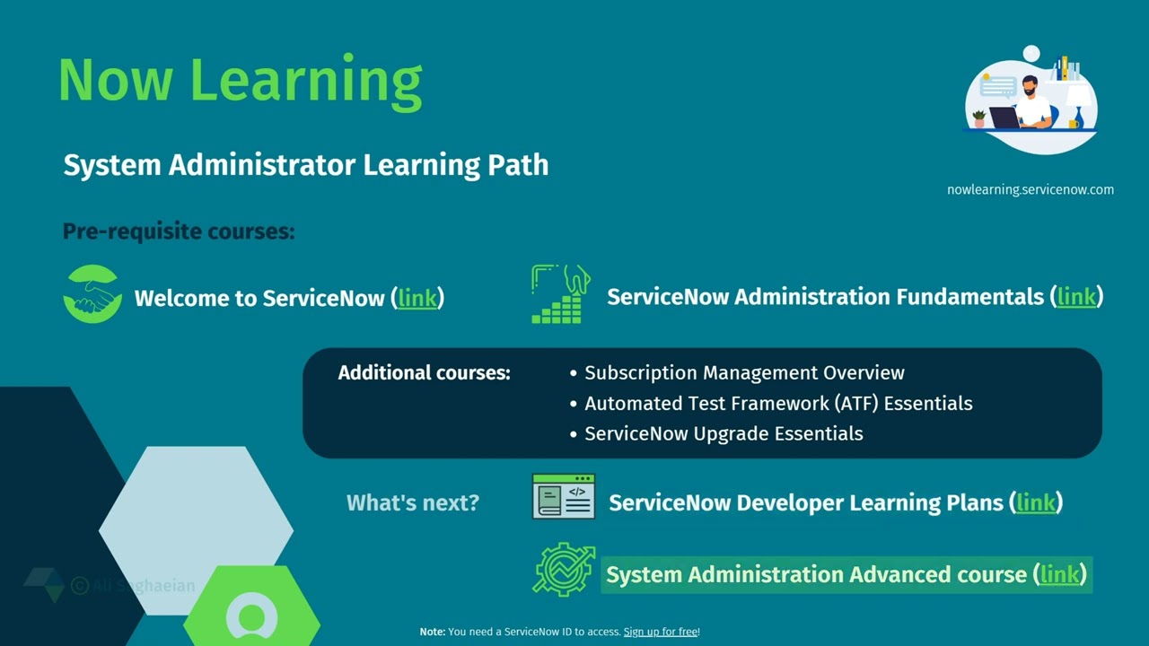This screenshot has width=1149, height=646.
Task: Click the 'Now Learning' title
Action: [x=240, y=80]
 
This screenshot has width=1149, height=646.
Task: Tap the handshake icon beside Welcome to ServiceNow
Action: [x=92, y=294]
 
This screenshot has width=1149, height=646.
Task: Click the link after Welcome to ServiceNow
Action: [x=417, y=298]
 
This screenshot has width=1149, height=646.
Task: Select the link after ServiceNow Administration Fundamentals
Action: [x=1076, y=296]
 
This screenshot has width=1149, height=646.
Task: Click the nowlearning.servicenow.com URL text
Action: [x=1030, y=189]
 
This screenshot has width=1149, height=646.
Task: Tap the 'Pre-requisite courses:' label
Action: [x=179, y=231]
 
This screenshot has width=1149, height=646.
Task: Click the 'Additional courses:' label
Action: [x=424, y=373]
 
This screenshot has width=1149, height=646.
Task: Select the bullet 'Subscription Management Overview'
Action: [x=744, y=373]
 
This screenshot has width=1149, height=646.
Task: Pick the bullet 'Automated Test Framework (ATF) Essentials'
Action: [x=778, y=404]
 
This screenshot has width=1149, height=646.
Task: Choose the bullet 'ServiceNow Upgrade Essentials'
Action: [x=724, y=434]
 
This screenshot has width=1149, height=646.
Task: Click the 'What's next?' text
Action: [x=413, y=502]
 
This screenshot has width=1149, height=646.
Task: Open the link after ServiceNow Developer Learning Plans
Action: [x=1036, y=502]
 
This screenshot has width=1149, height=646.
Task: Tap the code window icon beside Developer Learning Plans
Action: [x=563, y=497]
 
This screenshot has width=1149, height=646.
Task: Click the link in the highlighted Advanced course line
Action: [x=1059, y=574]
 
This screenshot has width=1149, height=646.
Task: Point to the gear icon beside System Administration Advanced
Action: [x=564, y=569]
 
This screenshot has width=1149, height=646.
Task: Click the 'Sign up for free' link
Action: [x=661, y=632]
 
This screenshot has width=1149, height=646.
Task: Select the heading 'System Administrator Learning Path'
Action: [x=305, y=165]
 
